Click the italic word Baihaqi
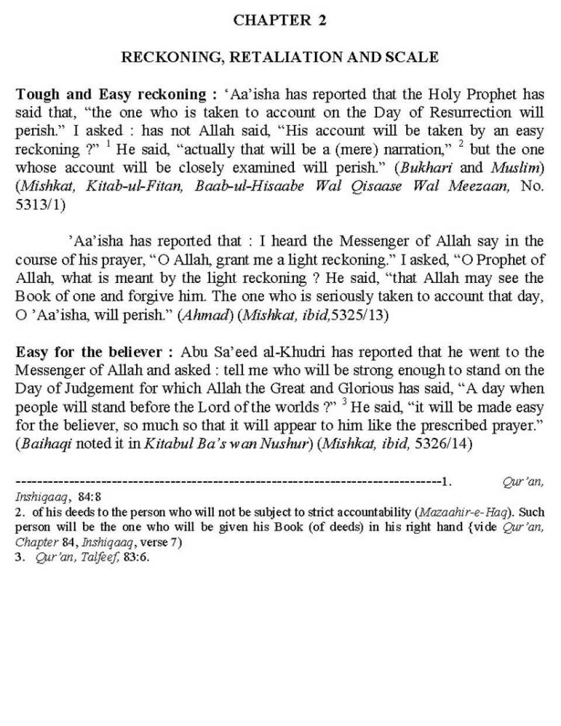tap(46, 444)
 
